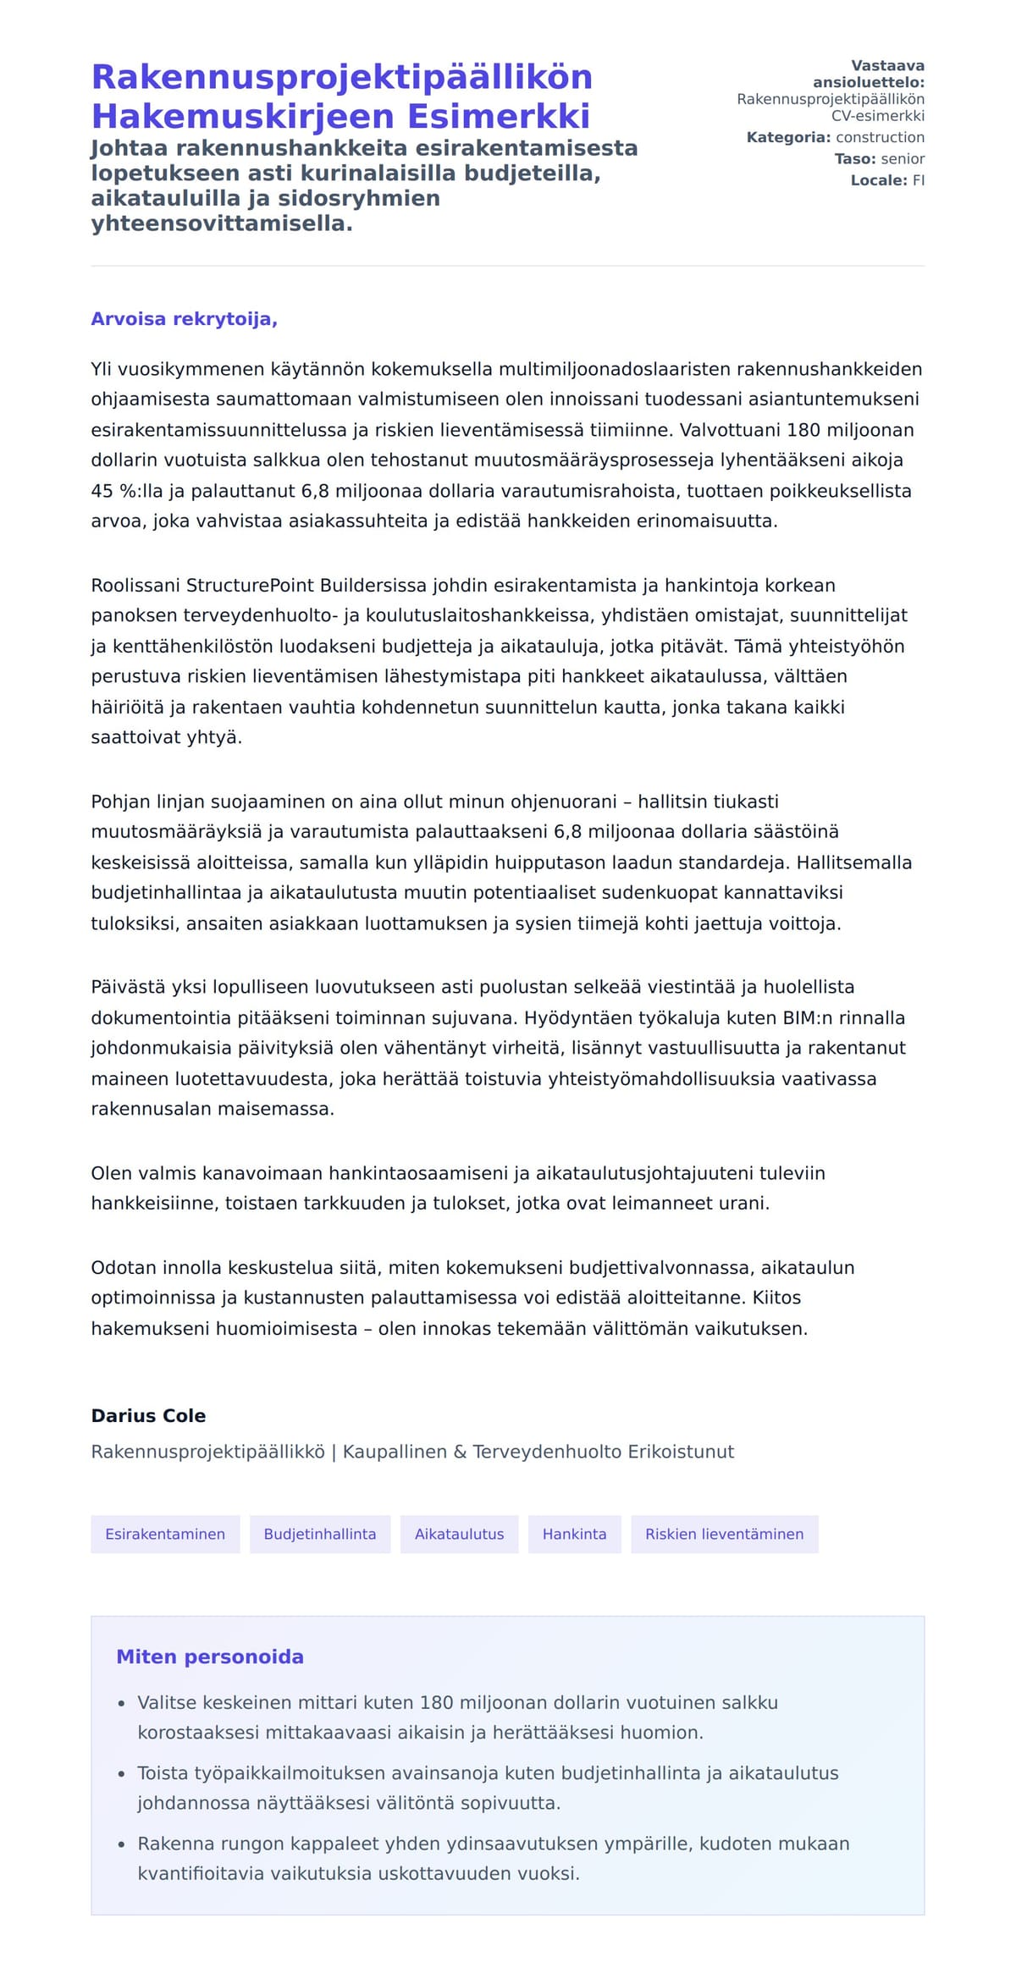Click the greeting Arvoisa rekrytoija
[184, 319]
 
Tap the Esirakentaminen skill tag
[165, 1534]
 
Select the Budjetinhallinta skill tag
[320, 1534]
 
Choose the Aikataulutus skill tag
[459, 1534]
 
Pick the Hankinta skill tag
[574, 1534]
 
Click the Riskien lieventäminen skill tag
[724, 1534]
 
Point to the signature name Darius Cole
[148, 1416]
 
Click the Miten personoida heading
[210, 1656]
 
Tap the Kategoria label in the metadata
[787, 137]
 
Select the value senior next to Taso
[903, 158]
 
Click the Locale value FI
[919, 180]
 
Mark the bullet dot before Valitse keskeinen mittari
[121, 1703]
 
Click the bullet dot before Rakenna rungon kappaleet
[121, 1843]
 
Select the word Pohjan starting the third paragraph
[120, 802]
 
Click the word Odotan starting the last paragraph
[122, 1267]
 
